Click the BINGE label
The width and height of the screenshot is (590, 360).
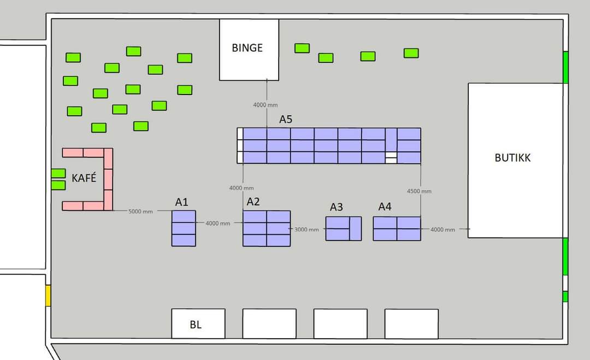click(x=247, y=48)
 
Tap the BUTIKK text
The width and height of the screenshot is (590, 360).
click(x=512, y=158)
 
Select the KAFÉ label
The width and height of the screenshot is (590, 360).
click(x=84, y=178)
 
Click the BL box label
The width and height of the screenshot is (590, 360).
click(x=196, y=324)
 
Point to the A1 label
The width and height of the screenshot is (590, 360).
click(x=181, y=202)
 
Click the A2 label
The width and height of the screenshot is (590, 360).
click(x=253, y=202)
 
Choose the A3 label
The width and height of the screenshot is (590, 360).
click(x=337, y=207)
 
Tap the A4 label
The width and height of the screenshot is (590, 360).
click(x=385, y=206)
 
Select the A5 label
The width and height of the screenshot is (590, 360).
click(x=286, y=119)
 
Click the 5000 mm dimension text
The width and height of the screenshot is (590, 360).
click(x=140, y=211)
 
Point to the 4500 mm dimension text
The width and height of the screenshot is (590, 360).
click(x=419, y=191)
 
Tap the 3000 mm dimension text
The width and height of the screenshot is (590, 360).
click(x=306, y=229)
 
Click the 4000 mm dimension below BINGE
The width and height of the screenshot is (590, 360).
click(x=265, y=105)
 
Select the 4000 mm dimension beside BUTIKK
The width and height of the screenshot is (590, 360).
click(x=442, y=229)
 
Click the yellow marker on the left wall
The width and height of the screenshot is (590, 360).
click(x=48, y=296)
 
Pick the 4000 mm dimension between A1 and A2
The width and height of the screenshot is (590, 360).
click(x=217, y=223)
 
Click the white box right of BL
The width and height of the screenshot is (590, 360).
click(x=269, y=323)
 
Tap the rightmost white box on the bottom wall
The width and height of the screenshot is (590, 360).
click(x=412, y=323)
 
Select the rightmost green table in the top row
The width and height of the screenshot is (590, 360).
click(x=411, y=53)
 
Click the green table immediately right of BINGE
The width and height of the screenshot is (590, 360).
click(x=302, y=48)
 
